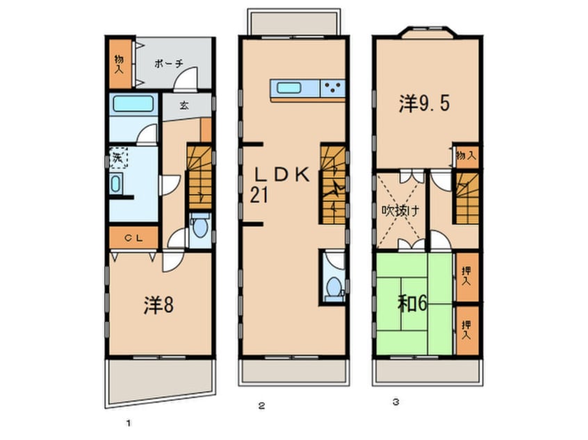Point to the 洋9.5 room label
coord(425,104)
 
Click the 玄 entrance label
coord(184,106)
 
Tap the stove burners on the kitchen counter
coord(333,88)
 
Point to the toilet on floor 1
coord(199,228)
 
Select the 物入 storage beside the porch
coord(118,63)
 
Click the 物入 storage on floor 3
coord(466,156)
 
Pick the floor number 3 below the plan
coord(395,401)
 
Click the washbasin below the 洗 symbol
coord(117,185)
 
